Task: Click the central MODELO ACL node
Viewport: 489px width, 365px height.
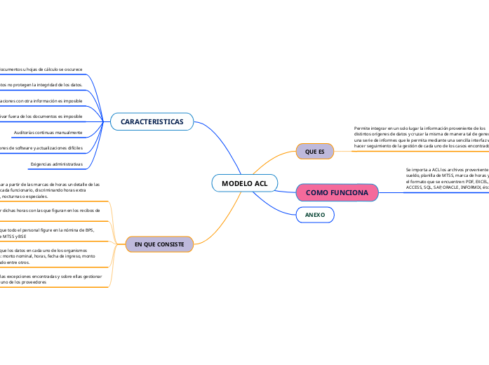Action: pyautogui.click(x=244, y=183)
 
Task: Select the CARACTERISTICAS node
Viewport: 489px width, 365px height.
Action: pyautogui.click(x=152, y=122)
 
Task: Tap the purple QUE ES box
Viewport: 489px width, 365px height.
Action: pyautogui.click(x=315, y=151)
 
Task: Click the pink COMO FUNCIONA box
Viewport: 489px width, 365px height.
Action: pyautogui.click(x=337, y=192)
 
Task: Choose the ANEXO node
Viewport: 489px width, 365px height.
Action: pyautogui.click(x=315, y=214)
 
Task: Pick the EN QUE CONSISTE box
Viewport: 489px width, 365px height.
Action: pyautogui.click(x=159, y=244)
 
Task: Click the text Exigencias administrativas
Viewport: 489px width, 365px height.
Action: pyautogui.click(x=56, y=165)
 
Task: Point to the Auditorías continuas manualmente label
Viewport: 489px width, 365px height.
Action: pyautogui.click(x=48, y=132)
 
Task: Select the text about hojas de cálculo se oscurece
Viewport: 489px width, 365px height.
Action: pyautogui.click(x=41, y=69)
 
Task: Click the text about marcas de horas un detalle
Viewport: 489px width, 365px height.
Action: pyautogui.click(x=49, y=190)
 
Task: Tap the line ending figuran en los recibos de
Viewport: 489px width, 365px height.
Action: pyautogui.click(x=49, y=210)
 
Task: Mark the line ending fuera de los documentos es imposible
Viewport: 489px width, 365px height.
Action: pyautogui.click(x=41, y=116)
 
